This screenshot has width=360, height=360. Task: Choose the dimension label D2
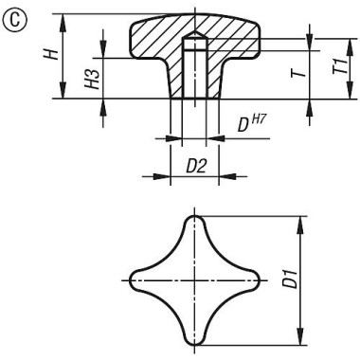coord(195,166)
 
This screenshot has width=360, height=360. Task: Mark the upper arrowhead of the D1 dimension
coord(302,222)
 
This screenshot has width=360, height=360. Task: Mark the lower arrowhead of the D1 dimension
coord(302,339)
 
